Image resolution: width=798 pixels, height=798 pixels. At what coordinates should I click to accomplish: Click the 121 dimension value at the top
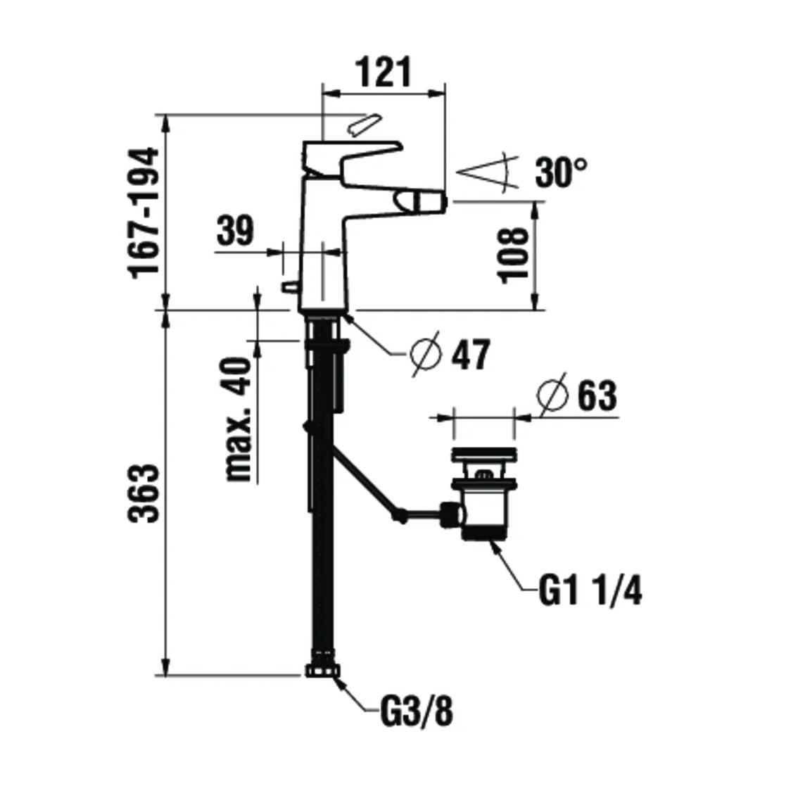[x=384, y=72]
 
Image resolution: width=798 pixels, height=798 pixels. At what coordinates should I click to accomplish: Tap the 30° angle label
[x=561, y=172]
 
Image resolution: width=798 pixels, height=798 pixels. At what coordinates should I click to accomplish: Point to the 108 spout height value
[x=514, y=254]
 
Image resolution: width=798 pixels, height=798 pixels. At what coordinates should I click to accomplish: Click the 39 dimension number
[x=234, y=231]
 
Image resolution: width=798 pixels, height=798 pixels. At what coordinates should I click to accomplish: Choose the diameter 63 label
[x=597, y=396]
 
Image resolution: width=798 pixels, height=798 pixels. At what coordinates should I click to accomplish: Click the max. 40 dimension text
[x=239, y=419]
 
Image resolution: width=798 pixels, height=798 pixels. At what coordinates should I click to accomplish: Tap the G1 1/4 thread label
[x=590, y=591]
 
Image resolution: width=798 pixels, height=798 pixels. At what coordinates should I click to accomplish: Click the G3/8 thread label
[x=417, y=713]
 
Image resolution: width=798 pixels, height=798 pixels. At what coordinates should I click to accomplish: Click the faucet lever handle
[x=352, y=155]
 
